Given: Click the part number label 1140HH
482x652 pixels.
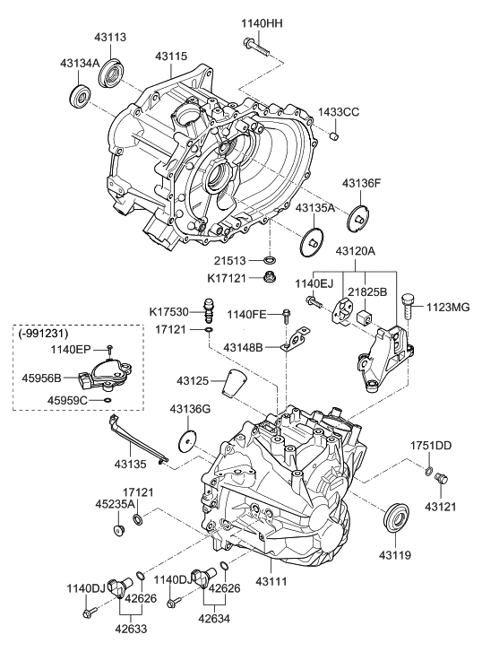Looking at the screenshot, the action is click(262, 23).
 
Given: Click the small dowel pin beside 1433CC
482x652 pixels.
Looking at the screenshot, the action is click(334, 135).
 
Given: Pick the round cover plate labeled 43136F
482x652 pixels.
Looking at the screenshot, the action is click(357, 217).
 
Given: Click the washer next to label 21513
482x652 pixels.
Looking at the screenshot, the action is click(270, 261).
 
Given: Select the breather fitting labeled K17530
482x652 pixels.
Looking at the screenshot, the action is click(208, 309).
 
